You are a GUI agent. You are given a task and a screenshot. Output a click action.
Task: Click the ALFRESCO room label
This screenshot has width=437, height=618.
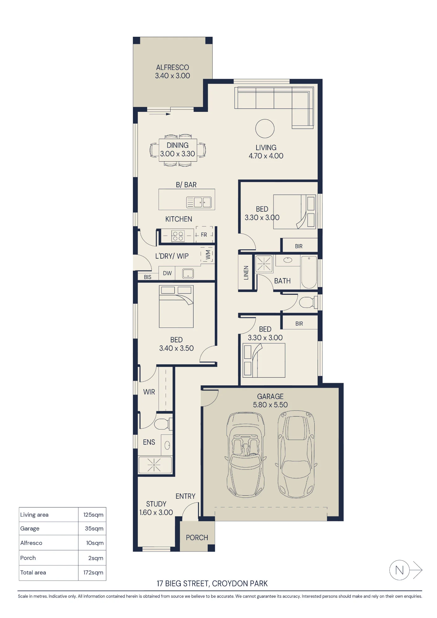[x=172, y=67]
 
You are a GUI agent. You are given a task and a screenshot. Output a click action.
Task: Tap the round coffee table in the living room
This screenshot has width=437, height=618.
[x=265, y=129]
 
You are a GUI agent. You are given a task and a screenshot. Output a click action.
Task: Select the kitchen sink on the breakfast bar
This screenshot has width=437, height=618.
[x=199, y=202]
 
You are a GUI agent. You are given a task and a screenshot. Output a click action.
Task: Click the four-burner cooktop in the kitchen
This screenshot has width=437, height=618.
[x=178, y=236]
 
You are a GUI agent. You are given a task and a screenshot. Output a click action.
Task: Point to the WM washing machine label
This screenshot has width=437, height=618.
[x=208, y=255]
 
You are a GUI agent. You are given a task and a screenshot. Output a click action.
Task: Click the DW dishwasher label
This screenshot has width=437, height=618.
[x=167, y=273]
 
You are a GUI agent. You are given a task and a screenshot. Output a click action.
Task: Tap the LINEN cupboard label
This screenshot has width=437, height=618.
[x=246, y=273]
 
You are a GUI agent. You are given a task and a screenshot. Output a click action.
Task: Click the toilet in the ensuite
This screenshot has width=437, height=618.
[x=163, y=424]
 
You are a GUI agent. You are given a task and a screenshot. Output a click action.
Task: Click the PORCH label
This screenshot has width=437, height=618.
[x=197, y=538]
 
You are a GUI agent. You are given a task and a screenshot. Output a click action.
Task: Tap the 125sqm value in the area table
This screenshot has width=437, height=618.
[x=93, y=515]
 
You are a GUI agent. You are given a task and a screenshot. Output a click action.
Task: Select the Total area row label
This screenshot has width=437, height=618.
[x=33, y=573]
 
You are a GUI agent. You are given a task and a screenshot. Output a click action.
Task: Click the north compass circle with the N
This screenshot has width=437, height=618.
[x=399, y=570]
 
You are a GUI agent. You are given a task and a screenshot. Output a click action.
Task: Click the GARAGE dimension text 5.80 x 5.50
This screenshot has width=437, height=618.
[x=270, y=405]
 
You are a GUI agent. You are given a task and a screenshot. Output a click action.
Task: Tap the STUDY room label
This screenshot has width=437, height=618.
[x=156, y=504]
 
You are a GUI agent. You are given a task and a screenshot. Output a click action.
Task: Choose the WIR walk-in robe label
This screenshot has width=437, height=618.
[x=149, y=392]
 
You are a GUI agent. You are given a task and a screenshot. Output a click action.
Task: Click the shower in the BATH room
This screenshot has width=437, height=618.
[x=264, y=264]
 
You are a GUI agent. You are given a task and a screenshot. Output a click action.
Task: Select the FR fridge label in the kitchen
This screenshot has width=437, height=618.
[x=204, y=235]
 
